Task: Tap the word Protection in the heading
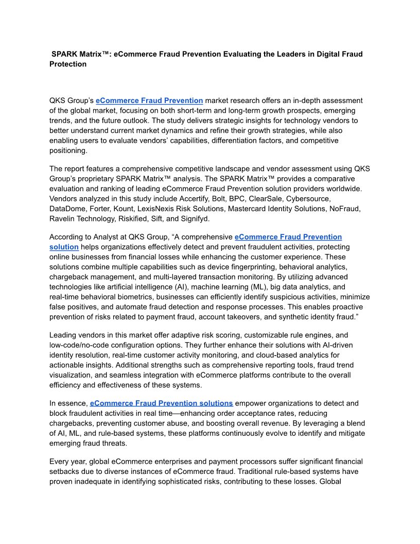[x=68, y=64]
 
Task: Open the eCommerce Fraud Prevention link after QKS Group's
[x=149, y=100]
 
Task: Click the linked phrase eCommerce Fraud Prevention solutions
[x=162, y=403]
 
